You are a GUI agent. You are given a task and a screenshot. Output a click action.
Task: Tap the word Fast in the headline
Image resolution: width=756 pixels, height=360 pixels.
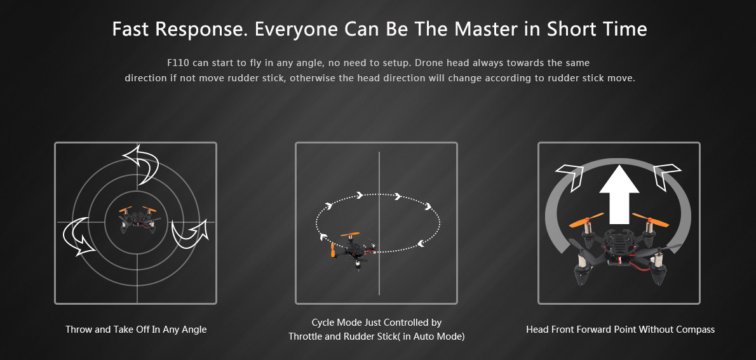[130, 29]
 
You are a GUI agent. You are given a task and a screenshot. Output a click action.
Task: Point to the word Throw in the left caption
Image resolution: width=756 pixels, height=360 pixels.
[77, 330]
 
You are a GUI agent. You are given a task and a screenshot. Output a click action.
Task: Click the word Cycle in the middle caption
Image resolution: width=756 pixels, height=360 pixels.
[323, 323]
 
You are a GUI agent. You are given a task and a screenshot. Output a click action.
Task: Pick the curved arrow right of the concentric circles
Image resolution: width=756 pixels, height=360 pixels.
[191, 233]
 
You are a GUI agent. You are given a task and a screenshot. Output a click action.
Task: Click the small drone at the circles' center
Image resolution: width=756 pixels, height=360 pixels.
[137, 220]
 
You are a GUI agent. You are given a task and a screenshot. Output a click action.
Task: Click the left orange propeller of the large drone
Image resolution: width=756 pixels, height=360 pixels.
[587, 221]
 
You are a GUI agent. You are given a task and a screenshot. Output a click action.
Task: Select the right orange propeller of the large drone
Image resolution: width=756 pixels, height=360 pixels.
[651, 220]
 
